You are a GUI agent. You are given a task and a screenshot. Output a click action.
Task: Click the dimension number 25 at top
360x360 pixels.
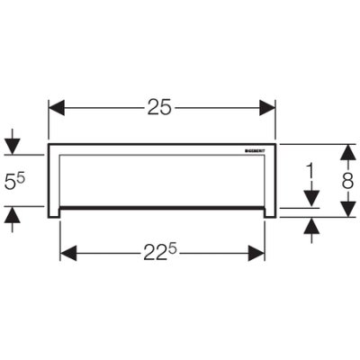click(x=159, y=107)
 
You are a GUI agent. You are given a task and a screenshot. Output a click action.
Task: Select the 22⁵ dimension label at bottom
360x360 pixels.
click(x=160, y=254)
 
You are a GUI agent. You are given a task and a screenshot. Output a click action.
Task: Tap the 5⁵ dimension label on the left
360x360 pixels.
click(x=14, y=182)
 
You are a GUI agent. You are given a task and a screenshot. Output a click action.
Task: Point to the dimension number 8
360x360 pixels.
click(x=347, y=181)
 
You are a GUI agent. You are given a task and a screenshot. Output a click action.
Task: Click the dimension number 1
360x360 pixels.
click(x=311, y=172)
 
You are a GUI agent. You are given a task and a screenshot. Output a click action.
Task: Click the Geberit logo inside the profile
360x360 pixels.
click(x=255, y=150)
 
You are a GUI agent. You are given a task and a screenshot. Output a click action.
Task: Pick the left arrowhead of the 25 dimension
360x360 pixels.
click(x=57, y=108)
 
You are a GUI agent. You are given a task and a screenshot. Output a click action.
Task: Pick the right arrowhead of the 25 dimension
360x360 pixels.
click(x=267, y=108)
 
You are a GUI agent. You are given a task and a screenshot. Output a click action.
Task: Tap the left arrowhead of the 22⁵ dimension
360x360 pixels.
click(x=68, y=253)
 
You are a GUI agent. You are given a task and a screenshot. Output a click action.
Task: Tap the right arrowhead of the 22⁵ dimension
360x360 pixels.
click(x=256, y=253)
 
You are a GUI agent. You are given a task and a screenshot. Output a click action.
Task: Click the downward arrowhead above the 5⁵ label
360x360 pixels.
click(x=12, y=147)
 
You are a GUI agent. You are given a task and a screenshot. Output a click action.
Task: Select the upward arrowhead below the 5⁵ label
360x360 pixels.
click(x=12, y=214)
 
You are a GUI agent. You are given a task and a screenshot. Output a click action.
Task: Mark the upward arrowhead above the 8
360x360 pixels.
click(x=347, y=152)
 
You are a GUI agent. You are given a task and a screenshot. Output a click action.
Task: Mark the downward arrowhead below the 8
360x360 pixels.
click(x=347, y=209)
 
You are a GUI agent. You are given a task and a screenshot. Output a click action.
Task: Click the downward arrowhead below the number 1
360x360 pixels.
click(x=311, y=199)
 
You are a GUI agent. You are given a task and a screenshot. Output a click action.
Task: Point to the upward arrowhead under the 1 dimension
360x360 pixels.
click(x=311, y=226)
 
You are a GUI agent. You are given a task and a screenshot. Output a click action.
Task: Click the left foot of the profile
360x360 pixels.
click(x=54, y=212)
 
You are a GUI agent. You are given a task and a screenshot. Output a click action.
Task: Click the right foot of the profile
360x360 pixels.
click(x=270, y=212)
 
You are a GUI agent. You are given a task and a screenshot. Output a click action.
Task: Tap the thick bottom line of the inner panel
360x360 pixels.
click(x=162, y=207)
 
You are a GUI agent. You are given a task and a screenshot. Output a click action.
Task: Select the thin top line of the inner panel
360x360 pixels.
click(x=162, y=155)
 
